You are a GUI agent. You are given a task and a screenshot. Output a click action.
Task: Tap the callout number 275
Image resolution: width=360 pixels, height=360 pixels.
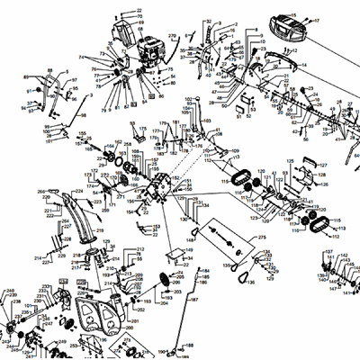[263, 237]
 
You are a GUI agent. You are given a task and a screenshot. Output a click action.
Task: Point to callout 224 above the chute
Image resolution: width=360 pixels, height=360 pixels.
[77, 191]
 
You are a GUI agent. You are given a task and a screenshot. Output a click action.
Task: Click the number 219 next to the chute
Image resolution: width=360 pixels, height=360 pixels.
[100, 231]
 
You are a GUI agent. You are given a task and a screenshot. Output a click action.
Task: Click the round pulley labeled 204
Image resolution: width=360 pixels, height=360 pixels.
[165, 279]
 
